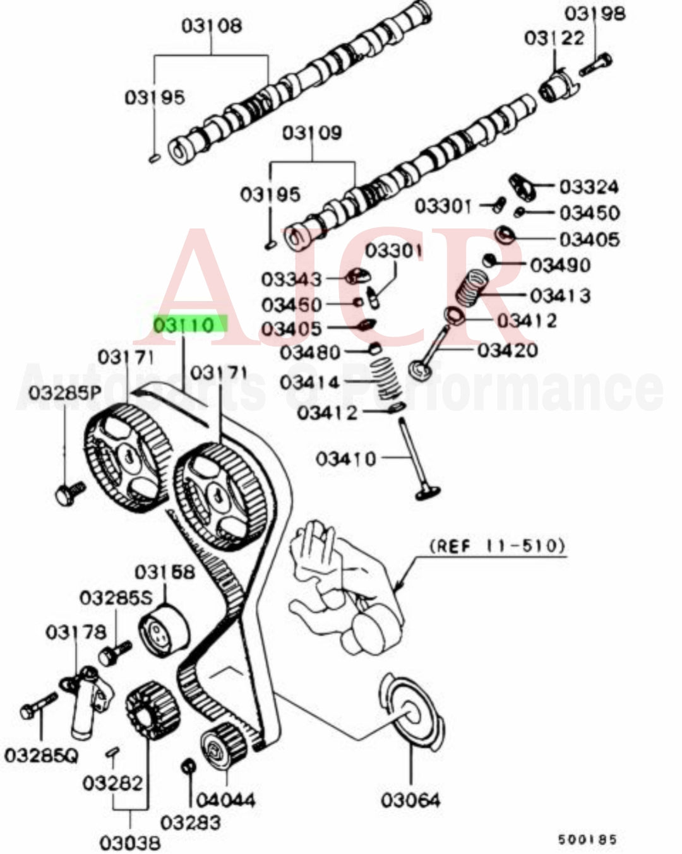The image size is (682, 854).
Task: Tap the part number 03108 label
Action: click(x=212, y=26)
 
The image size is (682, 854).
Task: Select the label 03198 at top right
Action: click(x=594, y=13)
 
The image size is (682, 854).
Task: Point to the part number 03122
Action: click(x=554, y=38)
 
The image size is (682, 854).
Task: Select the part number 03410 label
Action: click(x=345, y=458)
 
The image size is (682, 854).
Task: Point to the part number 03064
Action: click(x=410, y=800)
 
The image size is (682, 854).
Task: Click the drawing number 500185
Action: click(x=587, y=839)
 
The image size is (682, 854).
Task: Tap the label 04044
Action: click(x=225, y=800)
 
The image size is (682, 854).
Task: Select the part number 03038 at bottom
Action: click(x=130, y=841)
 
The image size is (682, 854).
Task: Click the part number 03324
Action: click(x=589, y=187)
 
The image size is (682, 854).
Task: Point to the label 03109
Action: click(x=312, y=133)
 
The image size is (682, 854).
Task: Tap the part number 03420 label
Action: click(x=507, y=350)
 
